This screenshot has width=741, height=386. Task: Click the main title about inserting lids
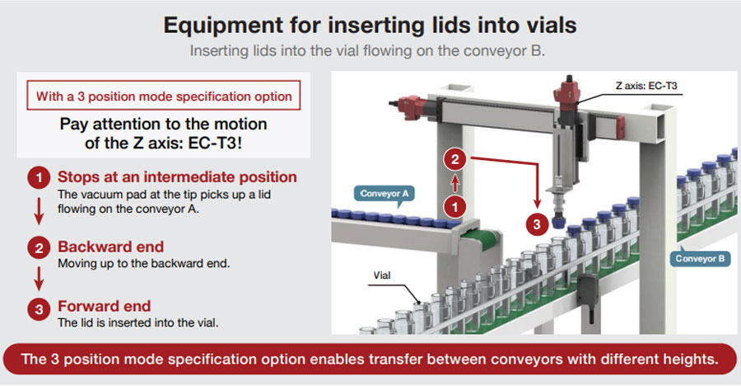[x=370, y=25]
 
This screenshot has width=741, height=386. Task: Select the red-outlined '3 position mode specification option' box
[x=164, y=96]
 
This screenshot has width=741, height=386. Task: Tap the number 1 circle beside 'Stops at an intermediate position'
[x=37, y=178]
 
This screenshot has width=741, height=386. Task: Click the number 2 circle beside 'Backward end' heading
[x=37, y=247]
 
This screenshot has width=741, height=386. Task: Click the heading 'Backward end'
[x=110, y=247]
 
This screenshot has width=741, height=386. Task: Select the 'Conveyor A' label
[x=384, y=194]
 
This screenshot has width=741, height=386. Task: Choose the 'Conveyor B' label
[x=700, y=258]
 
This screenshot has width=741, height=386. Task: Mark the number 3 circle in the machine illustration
[x=537, y=223]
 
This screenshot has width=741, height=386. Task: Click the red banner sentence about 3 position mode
[x=370, y=360]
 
